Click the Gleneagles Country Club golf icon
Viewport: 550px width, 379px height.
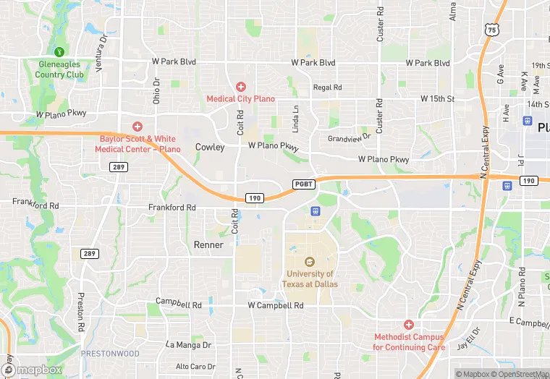(x=60, y=51)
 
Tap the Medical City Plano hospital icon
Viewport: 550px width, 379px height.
(x=240, y=87)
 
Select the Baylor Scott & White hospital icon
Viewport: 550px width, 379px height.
(x=137, y=127)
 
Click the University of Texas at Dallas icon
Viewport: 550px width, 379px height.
(x=310, y=262)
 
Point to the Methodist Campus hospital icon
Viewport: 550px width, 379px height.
(x=409, y=325)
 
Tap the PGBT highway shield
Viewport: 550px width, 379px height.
(x=303, y=184)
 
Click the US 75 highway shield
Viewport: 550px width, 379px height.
(x=492, y=30)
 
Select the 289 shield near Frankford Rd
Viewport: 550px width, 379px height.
(x=119, y=167)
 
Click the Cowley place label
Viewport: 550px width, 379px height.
(x=209, y=147)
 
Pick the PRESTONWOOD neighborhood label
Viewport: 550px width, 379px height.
(x=109, y=354)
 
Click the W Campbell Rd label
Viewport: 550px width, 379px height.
(x=275, y=306)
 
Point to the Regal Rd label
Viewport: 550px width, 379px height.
(x=327, y=88)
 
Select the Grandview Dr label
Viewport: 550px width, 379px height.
(x=349, y=137)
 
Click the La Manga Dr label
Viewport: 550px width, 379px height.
(x=188, y=345)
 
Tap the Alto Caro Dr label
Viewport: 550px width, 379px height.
(x=195, y=367)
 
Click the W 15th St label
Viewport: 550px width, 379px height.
(x=437, y=98)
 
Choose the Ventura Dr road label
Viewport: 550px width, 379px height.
(x=101, y=48)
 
